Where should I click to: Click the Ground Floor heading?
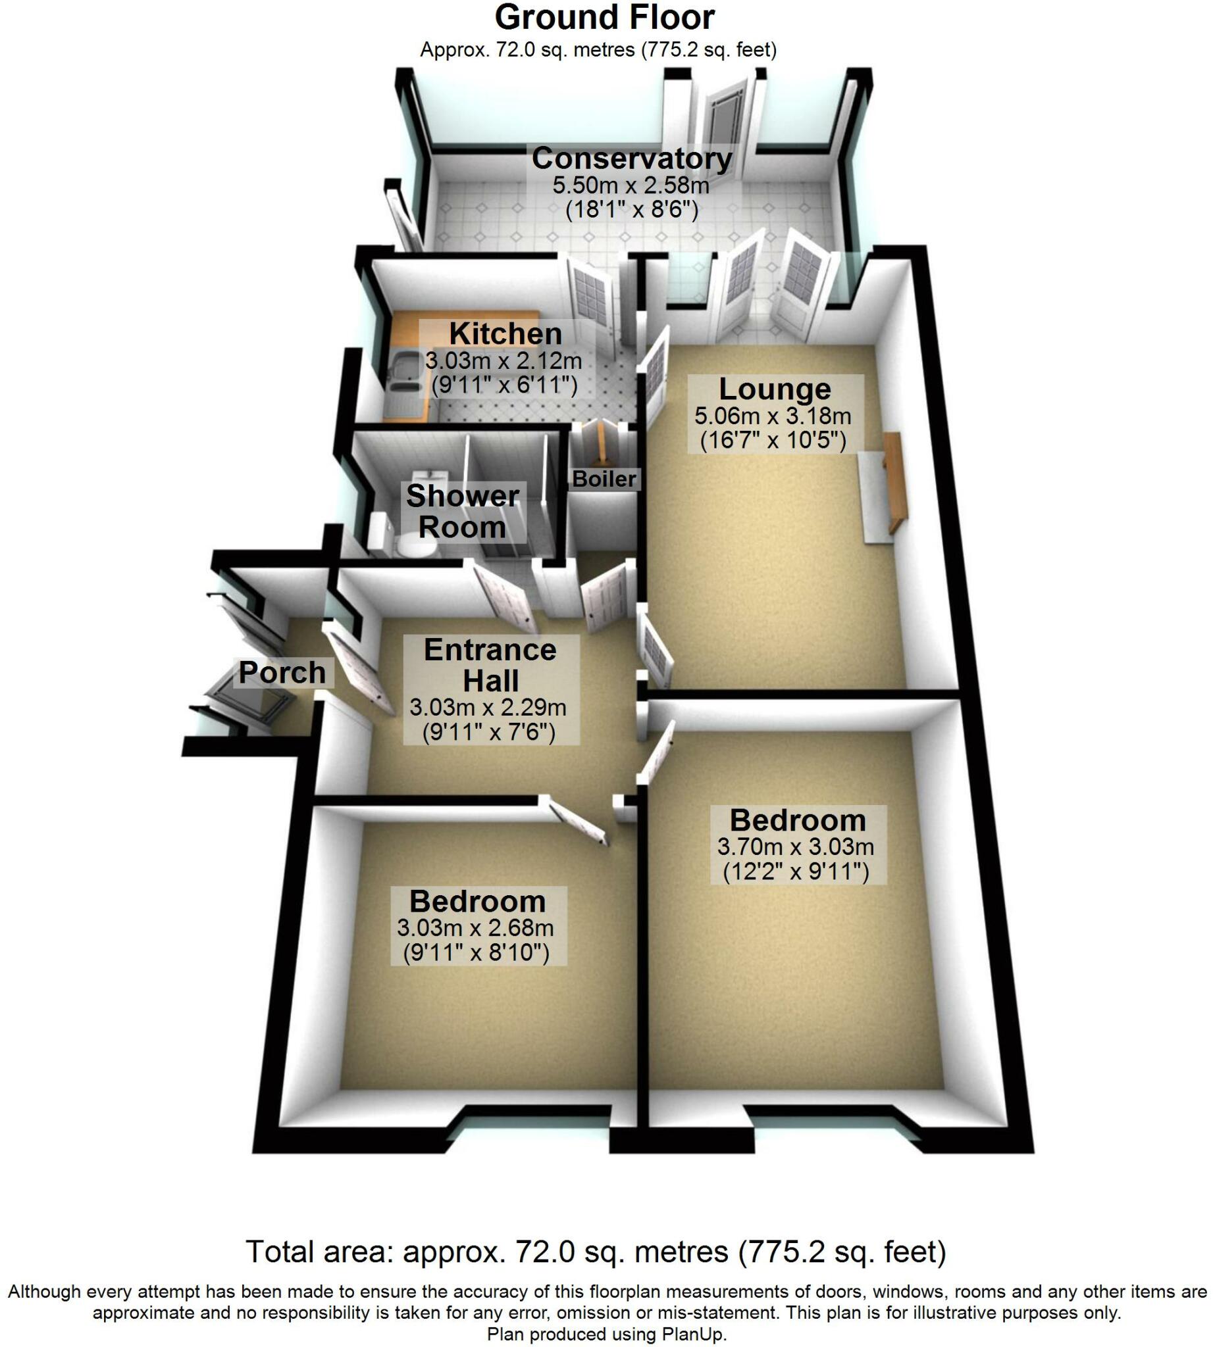(604, 18)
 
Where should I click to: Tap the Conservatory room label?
(631, 159)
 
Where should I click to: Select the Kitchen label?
(505, 333)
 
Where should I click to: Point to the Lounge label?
(775, 389)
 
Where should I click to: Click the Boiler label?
(604, 479)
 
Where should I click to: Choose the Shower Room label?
(463, 512)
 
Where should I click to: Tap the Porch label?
(282, 672)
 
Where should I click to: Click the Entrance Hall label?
(490, 665)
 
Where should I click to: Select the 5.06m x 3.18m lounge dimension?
(773, 416)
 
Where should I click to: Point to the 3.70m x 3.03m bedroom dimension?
(795, 847)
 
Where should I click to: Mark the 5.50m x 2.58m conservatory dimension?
(631, 185)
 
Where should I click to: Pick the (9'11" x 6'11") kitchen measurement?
(504, 385)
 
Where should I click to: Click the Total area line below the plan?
(596, 1252)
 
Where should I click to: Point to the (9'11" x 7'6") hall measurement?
(488, 733)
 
